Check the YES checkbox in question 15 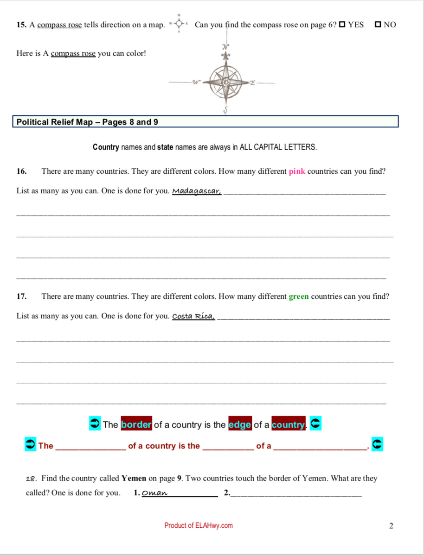click(x=342, y=25)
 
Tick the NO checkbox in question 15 click(x=378, y=25)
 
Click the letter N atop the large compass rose click(x=226, y=47)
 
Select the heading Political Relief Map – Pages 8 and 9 click(x=87, y=122)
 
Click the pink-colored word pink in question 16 click(x=297, y=171)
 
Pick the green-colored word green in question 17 click(x=299, y=297)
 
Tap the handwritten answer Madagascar click(x=197, y=191)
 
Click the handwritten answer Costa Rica click(x=193, y=316)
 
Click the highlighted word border click(x=136, y=425)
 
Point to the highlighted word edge click(x=240, y=425)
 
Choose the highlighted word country click(x=288, y=425)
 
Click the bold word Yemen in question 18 click(x=134, y=478)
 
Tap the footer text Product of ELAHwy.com click(x=199, y=525)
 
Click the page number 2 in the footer click(x=391, y=525)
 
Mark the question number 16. click(x=21, y=171)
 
